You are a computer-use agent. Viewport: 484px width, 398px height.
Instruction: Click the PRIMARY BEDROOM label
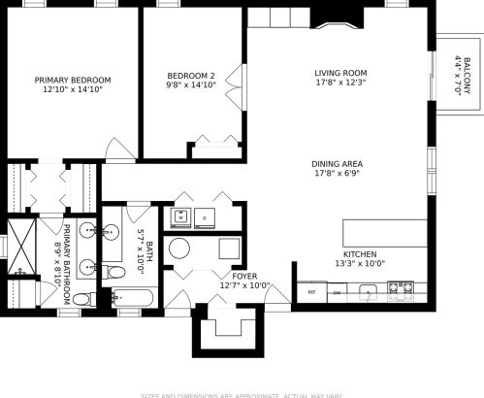coord(73,80)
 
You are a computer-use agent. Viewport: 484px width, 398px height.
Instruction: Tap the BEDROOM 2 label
coord(190,75)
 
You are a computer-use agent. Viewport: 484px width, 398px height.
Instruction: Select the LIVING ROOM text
coord(339,73)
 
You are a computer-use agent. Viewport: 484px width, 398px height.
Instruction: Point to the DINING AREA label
coord(338,164)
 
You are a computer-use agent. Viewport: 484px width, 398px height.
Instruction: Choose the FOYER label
coord(244,277)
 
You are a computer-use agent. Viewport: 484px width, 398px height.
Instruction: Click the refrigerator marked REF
coord(311,291)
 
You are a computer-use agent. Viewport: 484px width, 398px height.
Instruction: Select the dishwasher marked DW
coord(337,291)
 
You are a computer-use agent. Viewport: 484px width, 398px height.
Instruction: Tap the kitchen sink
coord(368,290)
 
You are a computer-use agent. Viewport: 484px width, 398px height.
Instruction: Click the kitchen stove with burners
coord(401,289)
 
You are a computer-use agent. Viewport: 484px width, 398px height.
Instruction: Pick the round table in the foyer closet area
coord(181,249)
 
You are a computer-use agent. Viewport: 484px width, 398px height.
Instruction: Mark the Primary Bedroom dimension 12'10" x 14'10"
coord(73,89)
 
